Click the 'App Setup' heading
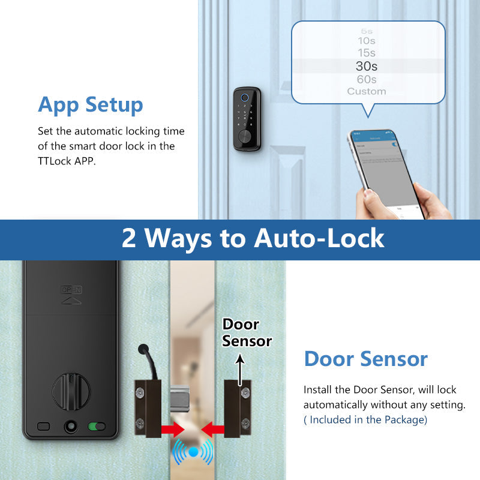click(91, 104)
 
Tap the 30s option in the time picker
click(366, 67)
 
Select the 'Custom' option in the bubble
click(366, 91)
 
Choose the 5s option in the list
click(366, 31)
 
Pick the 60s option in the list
click(366, 79)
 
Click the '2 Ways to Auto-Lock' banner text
click(253, 238)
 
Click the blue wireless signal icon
click(193, 452)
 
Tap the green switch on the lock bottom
click(95, 427)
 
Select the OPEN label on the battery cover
click(71, 290)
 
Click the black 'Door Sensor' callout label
click(247, 332)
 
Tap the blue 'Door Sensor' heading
click(365, 359)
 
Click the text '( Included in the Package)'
click(365, 419)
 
